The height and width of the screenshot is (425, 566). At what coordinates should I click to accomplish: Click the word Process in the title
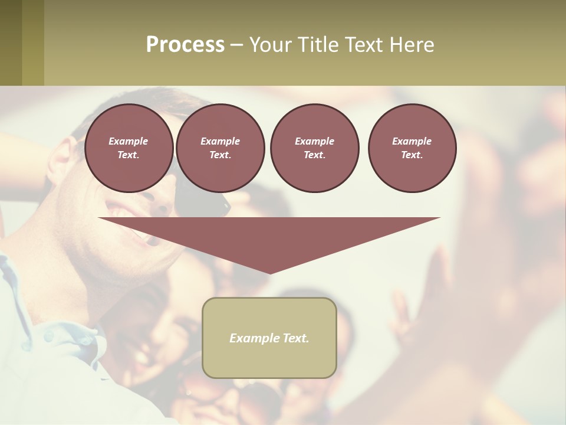point(185,45)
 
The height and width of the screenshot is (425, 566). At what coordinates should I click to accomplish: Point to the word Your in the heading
point(272,45)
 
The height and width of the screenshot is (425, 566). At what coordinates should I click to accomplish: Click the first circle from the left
point(129,148)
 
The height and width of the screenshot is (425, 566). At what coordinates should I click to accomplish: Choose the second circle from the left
point(221,148)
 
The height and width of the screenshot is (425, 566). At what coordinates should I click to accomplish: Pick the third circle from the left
point(314,148)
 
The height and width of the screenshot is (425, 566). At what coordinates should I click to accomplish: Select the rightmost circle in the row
point(412,148)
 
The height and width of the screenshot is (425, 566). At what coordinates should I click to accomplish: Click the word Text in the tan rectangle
point(295,338)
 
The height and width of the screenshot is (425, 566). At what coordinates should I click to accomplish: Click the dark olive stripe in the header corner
point(11,42)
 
